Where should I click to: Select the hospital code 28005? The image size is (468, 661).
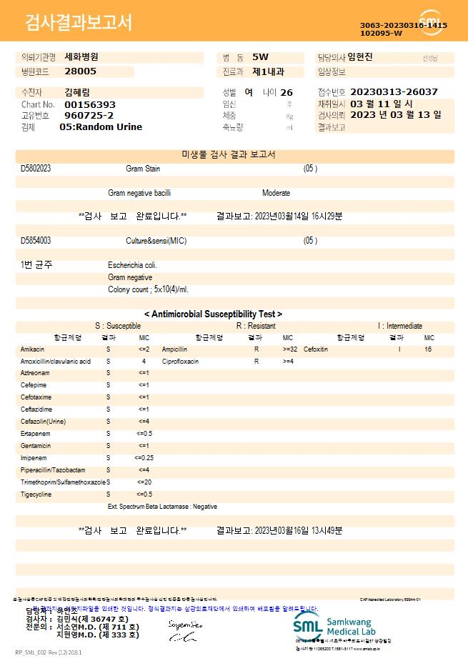click(x=80, y=71)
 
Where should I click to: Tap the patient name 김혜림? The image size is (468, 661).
click(x=77, y=92)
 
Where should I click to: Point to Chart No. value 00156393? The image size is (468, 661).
click(x=90, y=104)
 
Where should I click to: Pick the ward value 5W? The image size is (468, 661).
click(x=261, y=57)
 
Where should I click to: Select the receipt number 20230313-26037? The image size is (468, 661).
click(x=394, y=92)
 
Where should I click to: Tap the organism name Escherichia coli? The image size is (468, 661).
click(x=133, y=265)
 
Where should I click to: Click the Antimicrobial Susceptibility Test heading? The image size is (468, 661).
click(x=213, y=314)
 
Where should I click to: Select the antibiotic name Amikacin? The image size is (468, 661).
click(x=33, y=349)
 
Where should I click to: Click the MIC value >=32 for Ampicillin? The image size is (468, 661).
click(x=289, y=349)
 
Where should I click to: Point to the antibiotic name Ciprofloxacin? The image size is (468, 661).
click(x=180, y=362)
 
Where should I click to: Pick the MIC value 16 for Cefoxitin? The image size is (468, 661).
click(x=428, y=349)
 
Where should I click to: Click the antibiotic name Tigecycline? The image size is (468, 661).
click(x=36, y=494)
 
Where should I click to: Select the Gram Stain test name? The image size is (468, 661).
click(x=143, y=169)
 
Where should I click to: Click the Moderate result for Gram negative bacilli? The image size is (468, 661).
click(x=276, y=193)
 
